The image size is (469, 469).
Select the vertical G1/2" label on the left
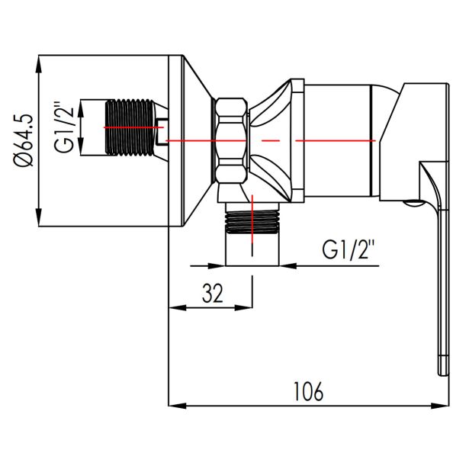[63, 128]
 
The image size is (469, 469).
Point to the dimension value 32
[213, 293]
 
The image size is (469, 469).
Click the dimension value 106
[308, 391]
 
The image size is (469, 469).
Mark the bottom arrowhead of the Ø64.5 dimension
[39, 217]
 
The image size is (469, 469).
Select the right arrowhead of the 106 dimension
[440, 406]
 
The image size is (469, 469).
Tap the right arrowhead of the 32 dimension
[244, 307]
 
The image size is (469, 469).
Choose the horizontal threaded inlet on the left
[130, 127]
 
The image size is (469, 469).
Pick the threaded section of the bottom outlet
[252, 221]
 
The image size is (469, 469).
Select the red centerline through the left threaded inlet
[133, 127]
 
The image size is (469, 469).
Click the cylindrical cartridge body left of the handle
[337, 140]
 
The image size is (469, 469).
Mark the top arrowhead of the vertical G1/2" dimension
[81, 108]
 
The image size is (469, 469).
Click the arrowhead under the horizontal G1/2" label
[288, 265]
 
